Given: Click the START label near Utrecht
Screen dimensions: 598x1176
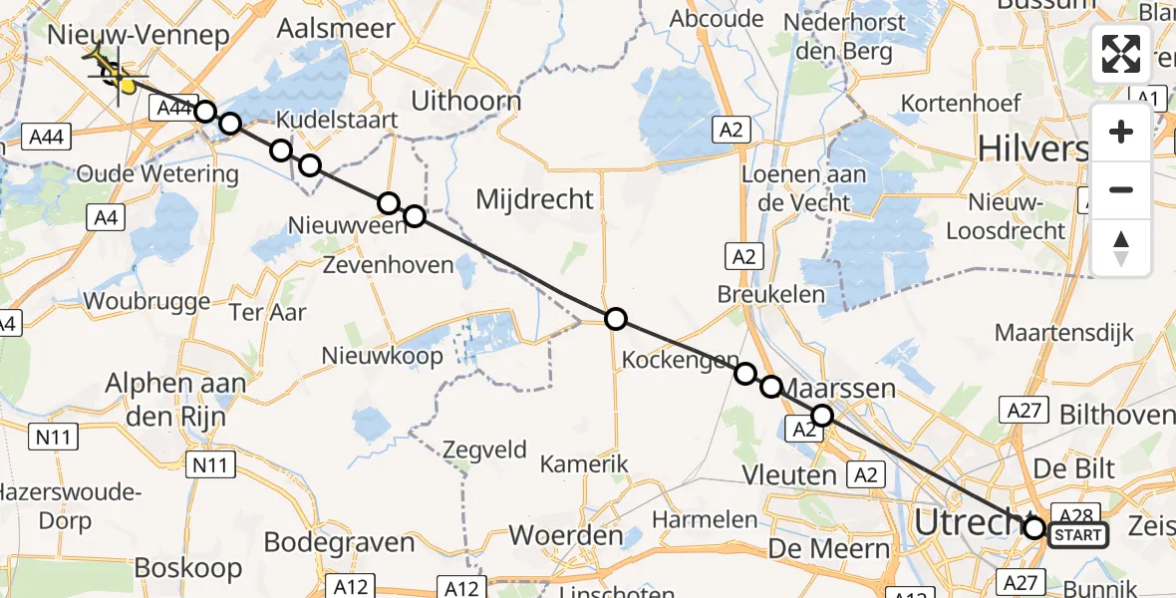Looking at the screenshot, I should pyautogui.click(x=1078, y=536).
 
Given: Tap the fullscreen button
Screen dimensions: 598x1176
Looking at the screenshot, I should pyautogui.click(x=1121, y=54).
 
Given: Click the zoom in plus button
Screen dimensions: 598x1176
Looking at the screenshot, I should pyautogui.click(x=1121, y=132).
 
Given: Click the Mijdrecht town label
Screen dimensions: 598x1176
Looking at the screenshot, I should pyautogui.click(x=534, y=199).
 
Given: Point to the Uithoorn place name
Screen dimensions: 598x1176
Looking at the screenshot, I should pyautogui.click(x=465, y=101).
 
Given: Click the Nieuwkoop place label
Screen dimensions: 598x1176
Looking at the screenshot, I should pyautogui.click(x=382, y=356).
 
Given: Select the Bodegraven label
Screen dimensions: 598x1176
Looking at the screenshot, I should pyautogui.click(x=339, y=542).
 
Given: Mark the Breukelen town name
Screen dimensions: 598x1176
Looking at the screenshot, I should pyautogui.click(x=771, y=294).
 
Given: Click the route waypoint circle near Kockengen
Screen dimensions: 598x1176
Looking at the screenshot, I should pyautogui.click(x=745, y=374).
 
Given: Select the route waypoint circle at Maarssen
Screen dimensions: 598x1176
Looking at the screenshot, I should pyautogui.click(x=822, y=416).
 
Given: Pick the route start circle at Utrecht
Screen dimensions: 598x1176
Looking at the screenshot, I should pyautogui.click(x=1034, y=528).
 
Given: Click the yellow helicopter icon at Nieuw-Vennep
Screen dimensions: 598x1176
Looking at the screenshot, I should pyautogui.click(x=115, y=74).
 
